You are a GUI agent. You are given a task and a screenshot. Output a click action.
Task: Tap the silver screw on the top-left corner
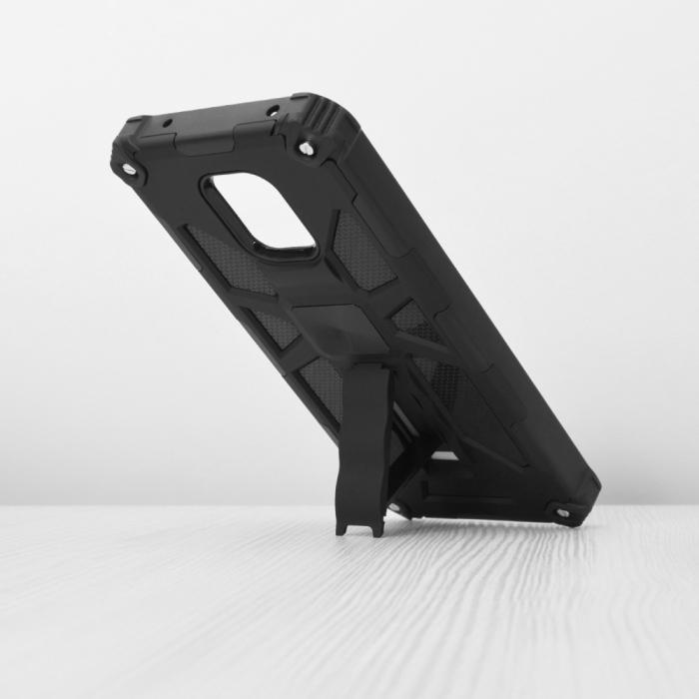click(x=130, y=169)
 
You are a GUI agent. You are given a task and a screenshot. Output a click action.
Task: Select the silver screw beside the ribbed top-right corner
click(x=307, y=149)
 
